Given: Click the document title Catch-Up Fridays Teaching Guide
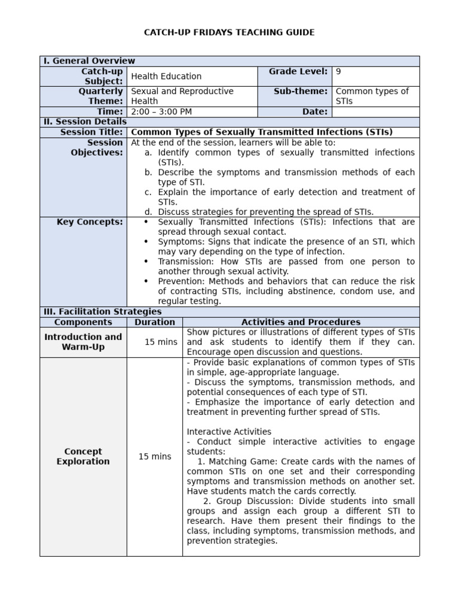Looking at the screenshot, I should pos(229,32).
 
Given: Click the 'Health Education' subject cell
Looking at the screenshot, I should pos(166,76).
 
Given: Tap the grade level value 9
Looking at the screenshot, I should pos(338,72).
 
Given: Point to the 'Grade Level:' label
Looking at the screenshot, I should pos(298,72).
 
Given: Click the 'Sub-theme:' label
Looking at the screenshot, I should pos(301,91).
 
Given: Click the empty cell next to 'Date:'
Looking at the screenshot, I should pos(375,112).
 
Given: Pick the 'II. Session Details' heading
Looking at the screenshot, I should pos(84,122).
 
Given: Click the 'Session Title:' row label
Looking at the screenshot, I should pos(91,132).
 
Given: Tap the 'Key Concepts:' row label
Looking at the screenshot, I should pos(90,222).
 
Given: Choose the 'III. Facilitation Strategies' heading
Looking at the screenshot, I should pos(102,312).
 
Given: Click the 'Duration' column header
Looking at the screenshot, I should pos(155,322).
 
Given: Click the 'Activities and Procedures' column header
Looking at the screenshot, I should pos(301,322).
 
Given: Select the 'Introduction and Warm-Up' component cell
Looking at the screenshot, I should pos(83,342).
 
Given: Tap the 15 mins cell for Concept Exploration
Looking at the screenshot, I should pos(155,457).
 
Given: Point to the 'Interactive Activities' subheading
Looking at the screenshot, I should pos(229,432).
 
